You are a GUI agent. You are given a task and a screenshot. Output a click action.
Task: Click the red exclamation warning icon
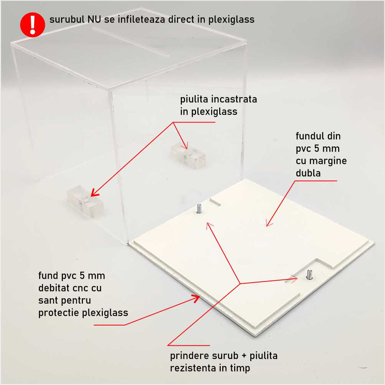tap(32, 25)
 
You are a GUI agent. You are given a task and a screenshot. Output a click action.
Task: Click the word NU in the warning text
tap(94, 20)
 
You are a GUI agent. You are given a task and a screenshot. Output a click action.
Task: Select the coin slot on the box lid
tap(131, 41)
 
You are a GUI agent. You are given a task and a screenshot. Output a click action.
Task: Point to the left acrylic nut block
tap(85, 202)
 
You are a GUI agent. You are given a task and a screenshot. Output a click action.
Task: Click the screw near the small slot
tap(199, 208)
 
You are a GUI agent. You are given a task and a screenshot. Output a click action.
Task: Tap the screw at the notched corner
tap(309, 274)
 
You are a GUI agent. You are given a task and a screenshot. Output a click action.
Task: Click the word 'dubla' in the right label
tap(308, 173)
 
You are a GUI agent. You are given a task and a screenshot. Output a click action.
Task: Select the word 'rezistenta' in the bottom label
tap(194, 368)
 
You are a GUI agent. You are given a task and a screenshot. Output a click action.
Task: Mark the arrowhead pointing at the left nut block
tap(94, 193)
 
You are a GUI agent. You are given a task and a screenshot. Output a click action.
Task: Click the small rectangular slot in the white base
tap(215, 202)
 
